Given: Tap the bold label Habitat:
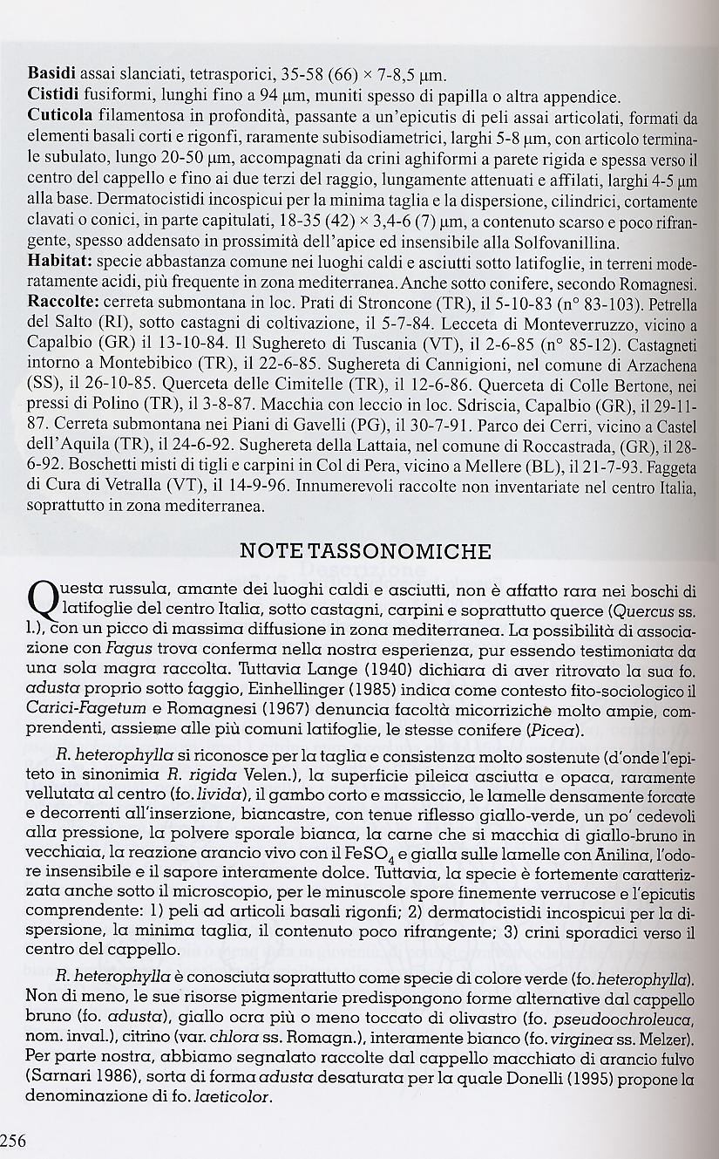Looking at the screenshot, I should (x=59, y=261).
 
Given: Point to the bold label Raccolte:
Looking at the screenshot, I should (x=63, y=302).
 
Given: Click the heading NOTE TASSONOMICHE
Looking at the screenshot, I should (x=365, y=551).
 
